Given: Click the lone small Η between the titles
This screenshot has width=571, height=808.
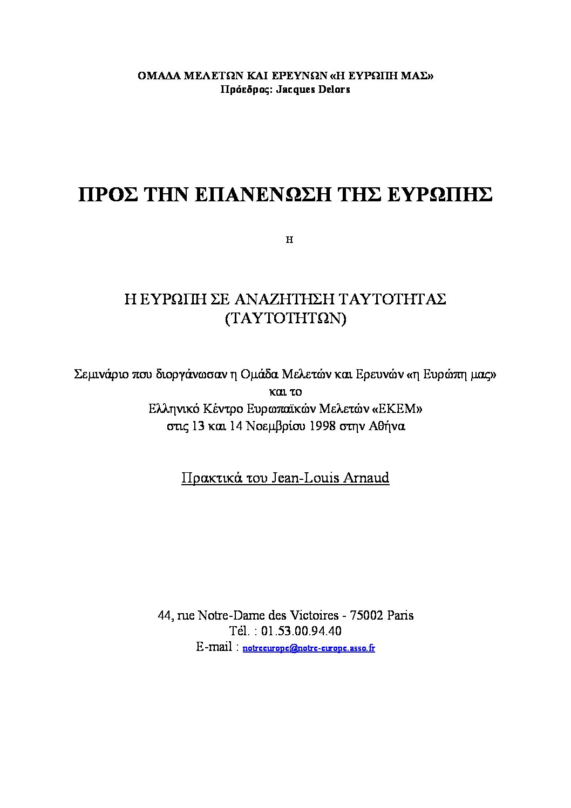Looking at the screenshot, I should pos(289,241).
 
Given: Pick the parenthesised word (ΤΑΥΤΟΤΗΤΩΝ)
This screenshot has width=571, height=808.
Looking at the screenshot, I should pos(284,317).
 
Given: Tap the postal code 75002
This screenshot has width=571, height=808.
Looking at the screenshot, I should pos(366,615).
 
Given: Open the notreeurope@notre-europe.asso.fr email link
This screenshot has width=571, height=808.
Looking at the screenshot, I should pos(309,648).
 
